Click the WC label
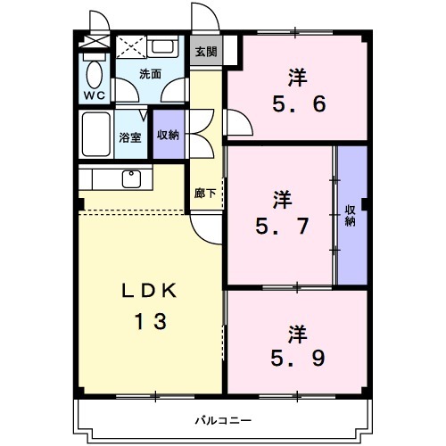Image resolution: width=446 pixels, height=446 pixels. (x=95, y=95)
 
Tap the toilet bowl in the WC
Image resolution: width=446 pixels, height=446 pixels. (x=95, y=75)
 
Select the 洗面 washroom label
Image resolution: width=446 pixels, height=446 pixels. (x=150, y=74)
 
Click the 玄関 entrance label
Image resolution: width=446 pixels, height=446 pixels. (x=206, y=52)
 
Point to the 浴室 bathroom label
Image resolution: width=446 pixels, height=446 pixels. (x=130, y=137)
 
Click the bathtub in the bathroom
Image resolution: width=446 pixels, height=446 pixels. (x=96, y=134)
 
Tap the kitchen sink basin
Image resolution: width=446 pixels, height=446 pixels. (x=131, y=178)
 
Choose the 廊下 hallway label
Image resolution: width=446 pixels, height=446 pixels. (x=205, y=194)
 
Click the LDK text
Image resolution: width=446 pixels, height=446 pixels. (x=150, y=291)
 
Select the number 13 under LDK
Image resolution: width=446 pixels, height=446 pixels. (x=151, y=322)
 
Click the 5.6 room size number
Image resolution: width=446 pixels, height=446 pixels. (x=299, y=104)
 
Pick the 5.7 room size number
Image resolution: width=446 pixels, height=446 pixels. (x=282, y=226)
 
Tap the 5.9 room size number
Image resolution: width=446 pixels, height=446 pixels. (x=298, y=358)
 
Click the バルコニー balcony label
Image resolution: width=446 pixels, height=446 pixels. (x=223, y=420)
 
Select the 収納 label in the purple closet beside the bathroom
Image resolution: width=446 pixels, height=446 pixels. (x=168, y=135)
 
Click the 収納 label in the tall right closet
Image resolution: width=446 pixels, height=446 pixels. (x=351, y=216)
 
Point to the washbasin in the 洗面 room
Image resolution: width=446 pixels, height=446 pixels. (x=162, y=46)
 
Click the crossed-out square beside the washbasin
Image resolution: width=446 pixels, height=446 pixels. (x=131, y=47)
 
